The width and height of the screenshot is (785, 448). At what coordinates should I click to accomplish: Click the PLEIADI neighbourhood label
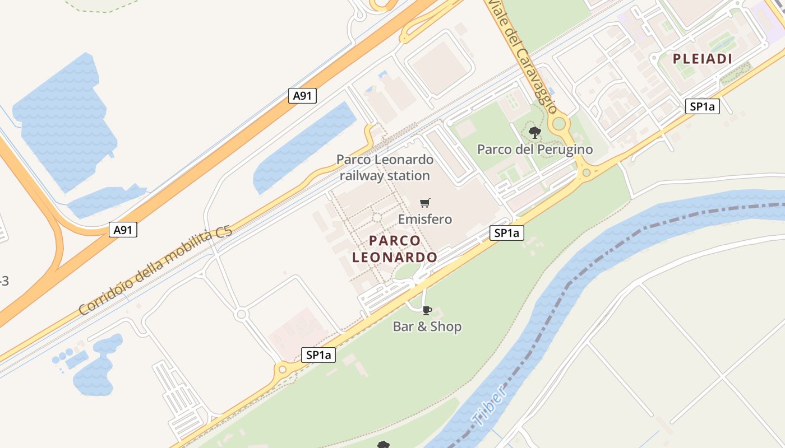(703, 59)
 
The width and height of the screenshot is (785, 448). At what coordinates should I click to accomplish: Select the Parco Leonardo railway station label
(385, 167)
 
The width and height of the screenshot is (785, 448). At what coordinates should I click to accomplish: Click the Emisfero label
(425, 219)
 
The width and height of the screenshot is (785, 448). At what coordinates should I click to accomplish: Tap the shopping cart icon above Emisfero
(425, 203)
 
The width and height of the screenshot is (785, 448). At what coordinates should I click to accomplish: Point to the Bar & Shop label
(427, 326)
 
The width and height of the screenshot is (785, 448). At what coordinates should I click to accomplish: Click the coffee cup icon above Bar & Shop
(427, 310)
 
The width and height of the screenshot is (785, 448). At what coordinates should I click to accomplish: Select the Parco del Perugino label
(535, 150)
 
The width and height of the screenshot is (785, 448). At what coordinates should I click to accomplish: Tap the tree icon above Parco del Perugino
(535, 133)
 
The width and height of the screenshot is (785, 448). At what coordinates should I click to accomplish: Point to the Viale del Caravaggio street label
(523, 56)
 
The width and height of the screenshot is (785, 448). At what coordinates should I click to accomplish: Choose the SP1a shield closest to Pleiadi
(703, 106)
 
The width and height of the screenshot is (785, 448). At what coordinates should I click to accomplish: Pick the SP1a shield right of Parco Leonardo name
(507, 233)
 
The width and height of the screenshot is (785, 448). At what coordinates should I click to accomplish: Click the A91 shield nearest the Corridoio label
(122, 230)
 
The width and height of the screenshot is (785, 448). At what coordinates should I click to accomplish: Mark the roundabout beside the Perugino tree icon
(559, 123)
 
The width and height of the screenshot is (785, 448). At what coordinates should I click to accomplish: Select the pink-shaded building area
(297, 330)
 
